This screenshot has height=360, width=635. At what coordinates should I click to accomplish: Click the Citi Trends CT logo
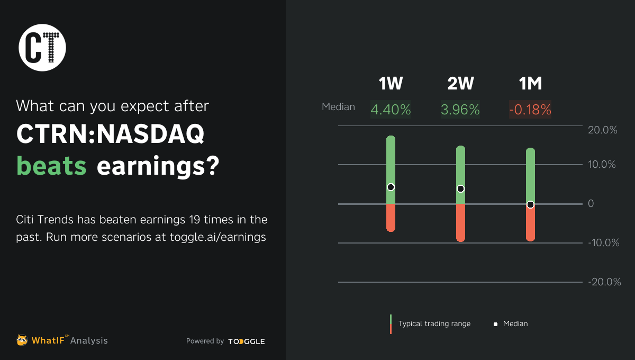pos(42,48)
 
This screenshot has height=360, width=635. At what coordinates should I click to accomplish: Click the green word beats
pos(51,167)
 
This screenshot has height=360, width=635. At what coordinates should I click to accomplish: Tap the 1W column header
pos(391,84)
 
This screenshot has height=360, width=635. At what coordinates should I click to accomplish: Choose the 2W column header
pos(460,84)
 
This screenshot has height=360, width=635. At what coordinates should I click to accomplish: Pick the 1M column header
pos(530,84)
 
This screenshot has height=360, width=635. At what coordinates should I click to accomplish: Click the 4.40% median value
pos(391,110)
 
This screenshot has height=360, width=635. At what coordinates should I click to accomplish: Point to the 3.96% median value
pos(460,110)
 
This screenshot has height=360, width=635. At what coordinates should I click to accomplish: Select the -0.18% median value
pos(530,110)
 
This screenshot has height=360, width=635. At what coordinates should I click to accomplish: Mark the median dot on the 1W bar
pos(391,187)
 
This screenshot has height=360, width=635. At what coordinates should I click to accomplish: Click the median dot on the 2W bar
pos(460,188)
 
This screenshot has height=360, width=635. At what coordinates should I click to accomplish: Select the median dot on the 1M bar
pos(530,204)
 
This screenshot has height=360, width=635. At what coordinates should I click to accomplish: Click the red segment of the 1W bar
pos(391,218)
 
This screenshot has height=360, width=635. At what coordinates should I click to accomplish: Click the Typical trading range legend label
pos(434,323)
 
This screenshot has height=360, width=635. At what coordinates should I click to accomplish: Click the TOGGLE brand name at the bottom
pos(247,341)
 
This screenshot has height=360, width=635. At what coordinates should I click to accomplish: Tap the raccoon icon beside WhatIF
pos(22,340)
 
